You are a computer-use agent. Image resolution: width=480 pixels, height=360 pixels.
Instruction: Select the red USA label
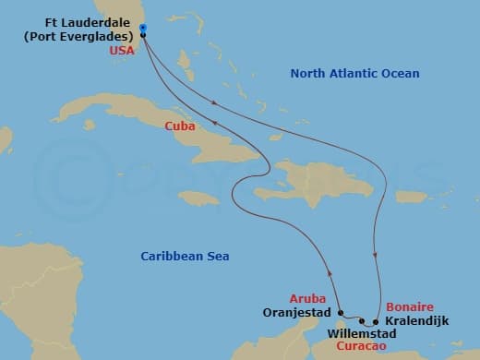point(122,51)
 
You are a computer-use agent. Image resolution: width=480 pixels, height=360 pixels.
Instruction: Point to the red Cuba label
point(179,126)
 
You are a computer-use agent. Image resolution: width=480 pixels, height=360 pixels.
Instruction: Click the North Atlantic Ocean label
point(354,74)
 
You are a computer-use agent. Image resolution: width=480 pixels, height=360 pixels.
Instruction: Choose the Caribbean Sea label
point(185,256)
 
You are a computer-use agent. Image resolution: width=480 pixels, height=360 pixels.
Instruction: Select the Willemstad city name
point(362,332)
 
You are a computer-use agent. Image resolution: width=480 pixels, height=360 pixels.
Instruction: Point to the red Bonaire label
point(408,306)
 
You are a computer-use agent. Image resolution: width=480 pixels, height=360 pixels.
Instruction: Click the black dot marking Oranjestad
point(340,312)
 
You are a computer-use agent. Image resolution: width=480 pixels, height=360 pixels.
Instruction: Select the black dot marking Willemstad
point(363,321)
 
